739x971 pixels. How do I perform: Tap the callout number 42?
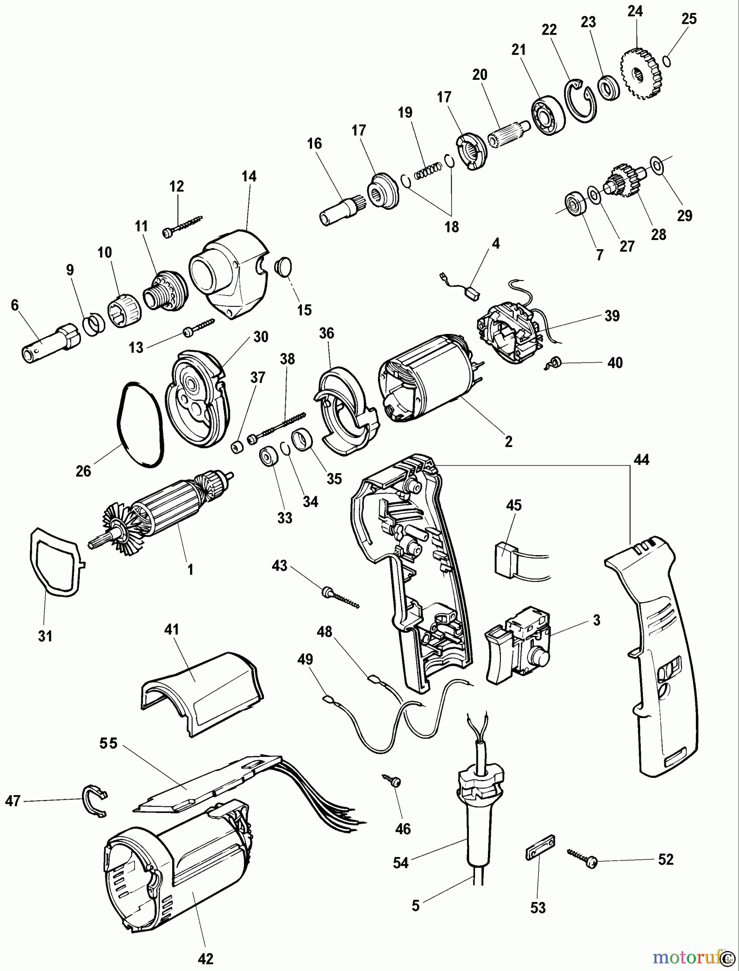pos(206,958)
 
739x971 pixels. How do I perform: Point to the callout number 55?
pos(108,743)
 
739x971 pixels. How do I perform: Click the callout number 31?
pos(45,636)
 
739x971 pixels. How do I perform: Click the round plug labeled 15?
pos(283,266)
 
